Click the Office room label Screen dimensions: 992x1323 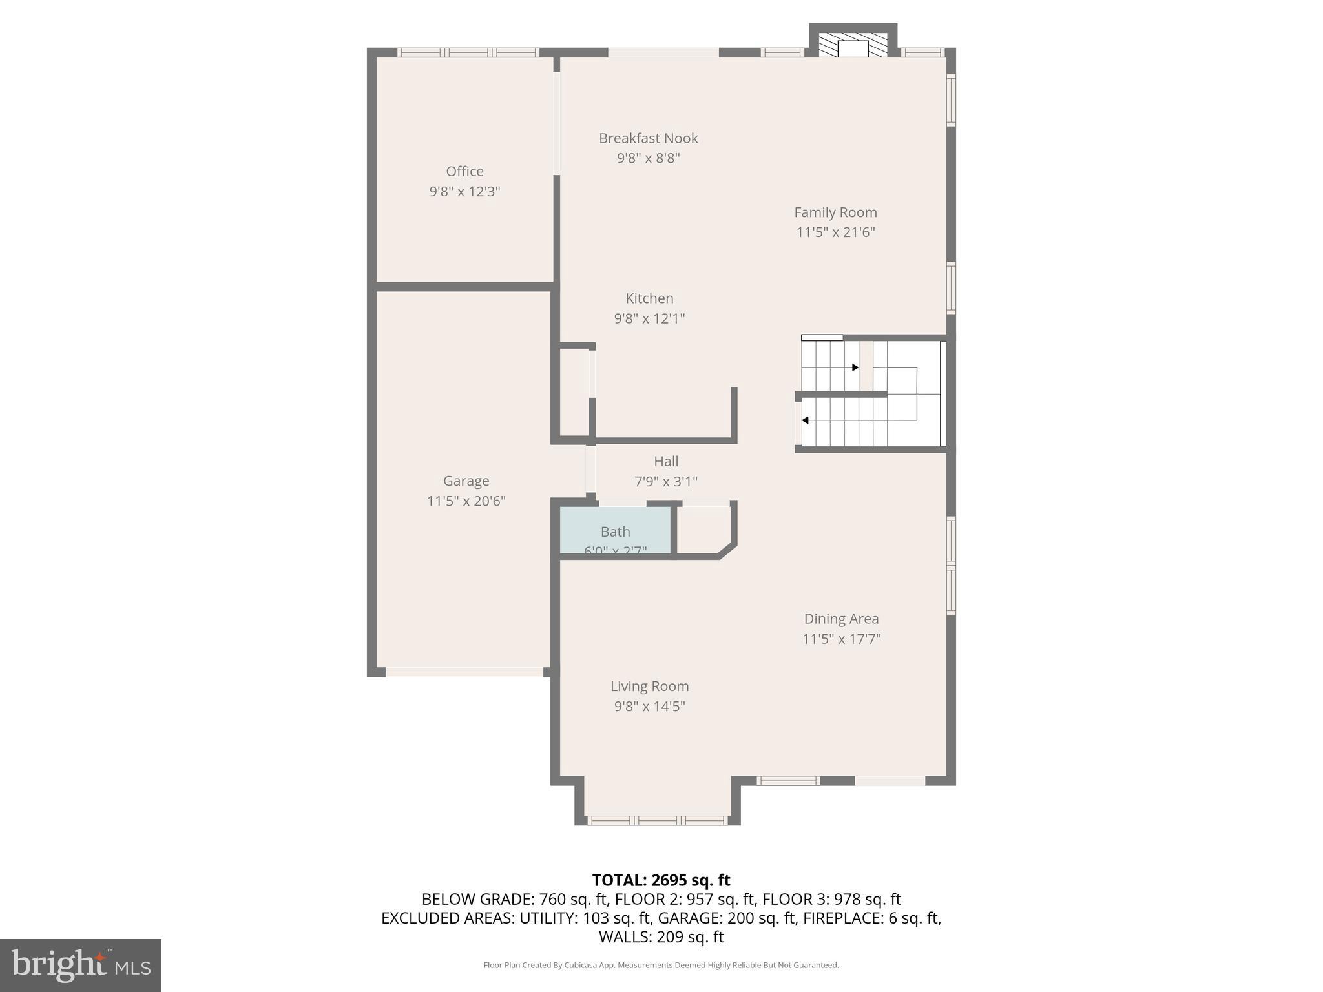pyautogui.click(x=464, y=171)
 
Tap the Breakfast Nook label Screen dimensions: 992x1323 pyautogui.click(x=648, y=138)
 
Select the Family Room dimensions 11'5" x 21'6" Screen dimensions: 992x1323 pyautogui.click(x=835, y=232)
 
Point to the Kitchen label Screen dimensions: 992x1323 pyautogui.click(x=649, y=298)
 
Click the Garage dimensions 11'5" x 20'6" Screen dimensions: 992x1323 pyautogui.click(x=466, y=501)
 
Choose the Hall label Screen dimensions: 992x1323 pyautogui.click(x=666, y=461)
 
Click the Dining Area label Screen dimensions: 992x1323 pyautogui.click(x=841, y=619)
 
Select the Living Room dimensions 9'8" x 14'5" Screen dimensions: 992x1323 pyautogui.click(x=649, y=706)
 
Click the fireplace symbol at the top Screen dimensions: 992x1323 pyautogui.click(x=853, y=46)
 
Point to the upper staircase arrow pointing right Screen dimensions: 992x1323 pyautogui.click(x=855, y=367)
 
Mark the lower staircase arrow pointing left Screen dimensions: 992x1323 pyautogui.click(x=805, y=420)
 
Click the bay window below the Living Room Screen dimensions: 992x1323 pyautogui.click(x=658, y=820)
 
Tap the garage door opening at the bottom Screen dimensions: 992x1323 pyautogui.click(x=464, y=672)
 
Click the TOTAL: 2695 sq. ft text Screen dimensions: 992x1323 pyautogui.click(x=661, y=880)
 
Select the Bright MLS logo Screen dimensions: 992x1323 pyautogui.click(x=81, y=965)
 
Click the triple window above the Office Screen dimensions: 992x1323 pyautogui.click(x=468, y=52)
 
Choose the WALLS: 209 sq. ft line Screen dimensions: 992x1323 pyautogui.click(x=661, y=936)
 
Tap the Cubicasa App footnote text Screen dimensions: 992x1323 pyautogui.click(x=661, y=965)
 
